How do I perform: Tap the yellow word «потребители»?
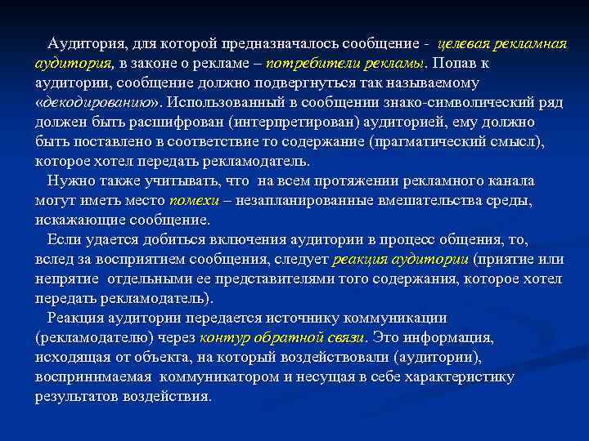tap(307, 63)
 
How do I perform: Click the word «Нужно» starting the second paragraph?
tap(70, 181)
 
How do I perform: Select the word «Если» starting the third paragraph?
tap(65, 240)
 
